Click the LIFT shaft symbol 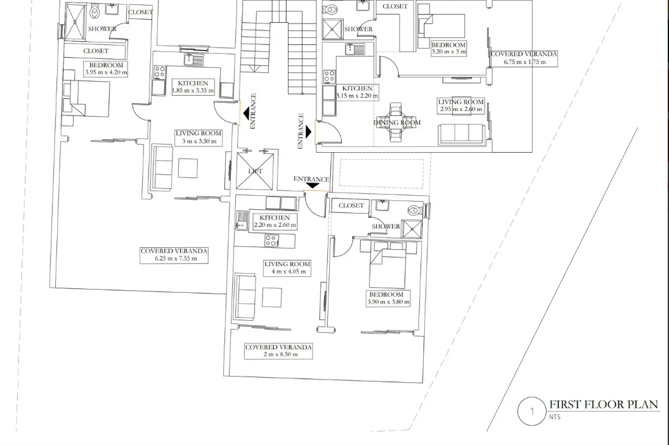tap(255, 171)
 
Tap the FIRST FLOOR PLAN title tap(604, 404)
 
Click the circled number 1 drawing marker tap(531, 412)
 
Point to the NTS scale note tap(555, 417)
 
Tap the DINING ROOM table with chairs tap(396, 122)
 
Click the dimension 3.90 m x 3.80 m tap(388, 302)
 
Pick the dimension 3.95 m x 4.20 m tap(106, 72)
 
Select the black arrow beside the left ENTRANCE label tap(247, 113)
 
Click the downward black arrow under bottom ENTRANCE tap(313, 186)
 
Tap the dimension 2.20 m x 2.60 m tap(275, 225)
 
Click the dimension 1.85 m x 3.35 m tap(193, 91)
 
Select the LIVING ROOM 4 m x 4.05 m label tap(287, 268)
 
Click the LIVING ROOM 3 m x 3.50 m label tap(199, 137)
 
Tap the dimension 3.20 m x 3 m tap(448, 51)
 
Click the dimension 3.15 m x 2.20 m tap(357, 96)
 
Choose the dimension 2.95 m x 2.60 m tap(461, 109)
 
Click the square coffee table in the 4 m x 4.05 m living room tap(272, 297)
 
